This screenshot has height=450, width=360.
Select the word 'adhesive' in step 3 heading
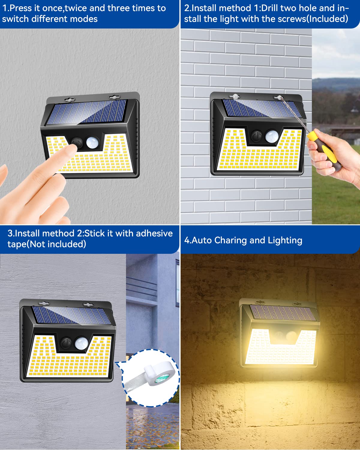[x=154, y=233]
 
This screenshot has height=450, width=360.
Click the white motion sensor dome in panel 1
[x=92, y=142]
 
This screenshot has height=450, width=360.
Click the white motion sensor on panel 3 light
[x=81, y=343]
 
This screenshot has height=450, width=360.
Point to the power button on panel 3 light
[x=66, y=343]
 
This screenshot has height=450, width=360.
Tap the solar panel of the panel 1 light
[x=86, y=112]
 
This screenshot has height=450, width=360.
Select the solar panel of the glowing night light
[x=283, y=313]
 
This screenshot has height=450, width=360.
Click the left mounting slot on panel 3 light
[x=44, y=303]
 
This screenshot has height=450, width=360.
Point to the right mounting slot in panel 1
[x=114, y=97]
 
